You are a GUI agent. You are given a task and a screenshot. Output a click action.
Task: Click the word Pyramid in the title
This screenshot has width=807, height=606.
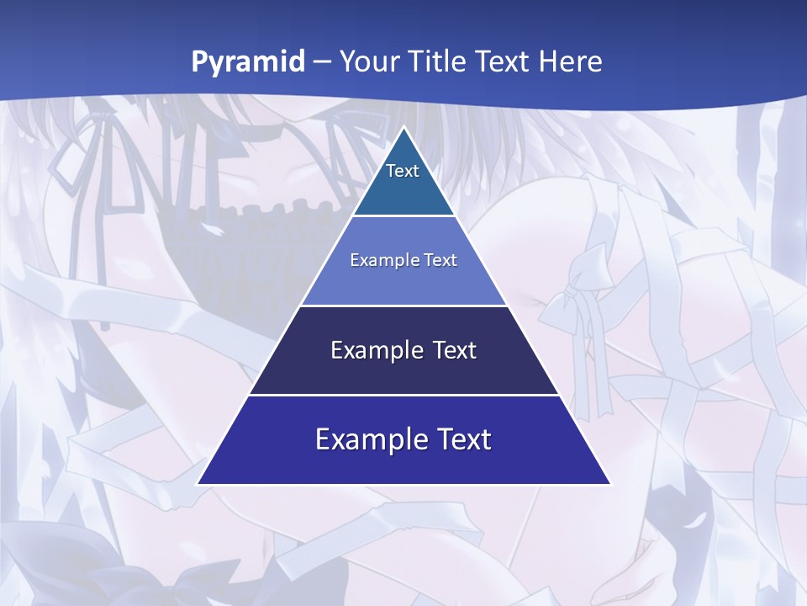click(x=248, y=62)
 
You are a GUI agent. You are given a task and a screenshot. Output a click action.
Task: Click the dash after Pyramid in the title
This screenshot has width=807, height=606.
click(x=321, y=62)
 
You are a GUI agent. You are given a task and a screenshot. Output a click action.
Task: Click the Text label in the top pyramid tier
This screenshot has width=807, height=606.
click(x=403, y=171)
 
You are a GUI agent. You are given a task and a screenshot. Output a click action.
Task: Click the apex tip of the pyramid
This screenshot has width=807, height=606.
click(x=403, y=128)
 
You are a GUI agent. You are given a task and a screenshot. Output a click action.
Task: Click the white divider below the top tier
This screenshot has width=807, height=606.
click(x=403, y=215)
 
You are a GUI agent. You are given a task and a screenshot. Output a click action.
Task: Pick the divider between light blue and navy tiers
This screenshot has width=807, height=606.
click(x=403, y=306)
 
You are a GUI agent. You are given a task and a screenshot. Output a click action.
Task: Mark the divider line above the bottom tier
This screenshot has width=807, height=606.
click(x=403, y=395)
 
